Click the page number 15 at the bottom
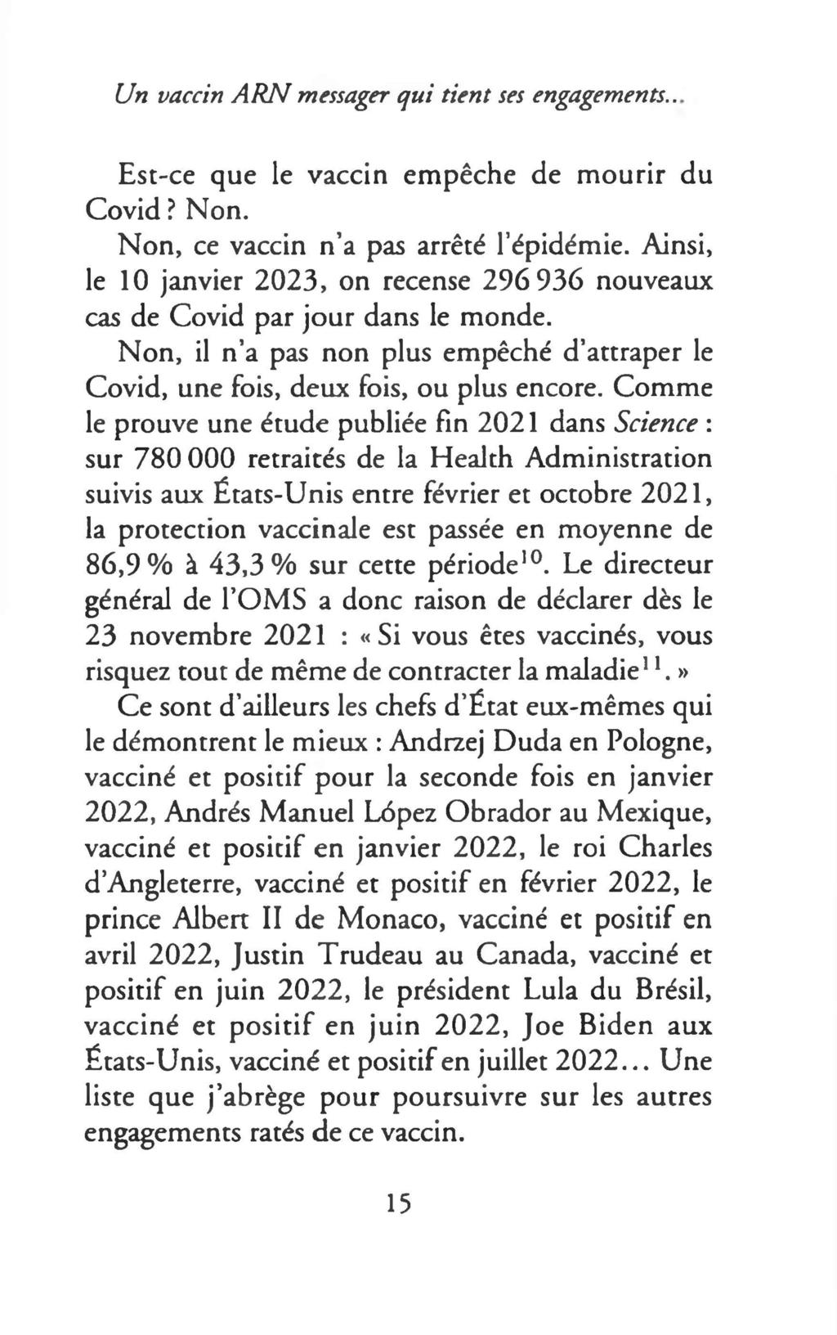pyautogui.click(x=399, y=1202)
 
